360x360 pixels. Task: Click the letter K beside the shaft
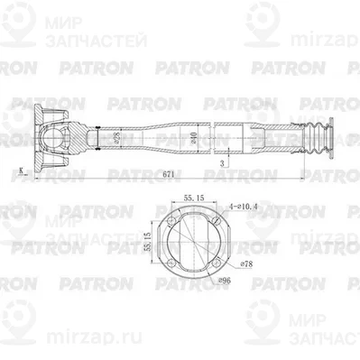(19, 170)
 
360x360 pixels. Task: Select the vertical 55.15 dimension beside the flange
(146, 243)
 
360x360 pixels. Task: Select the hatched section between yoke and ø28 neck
(88, 140)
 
